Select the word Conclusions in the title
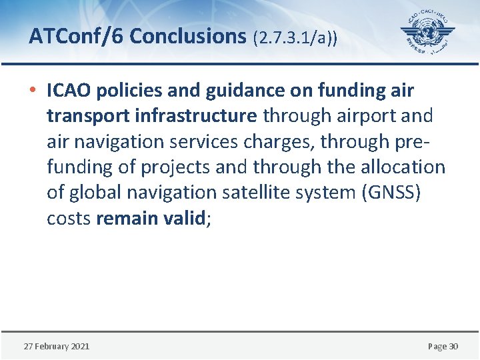click(188, 36)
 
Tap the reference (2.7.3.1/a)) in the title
click(295, 37)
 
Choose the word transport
click(87, 116)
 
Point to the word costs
click(69, 218)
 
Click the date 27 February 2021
click(57, 346)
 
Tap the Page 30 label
click(443, 346)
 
